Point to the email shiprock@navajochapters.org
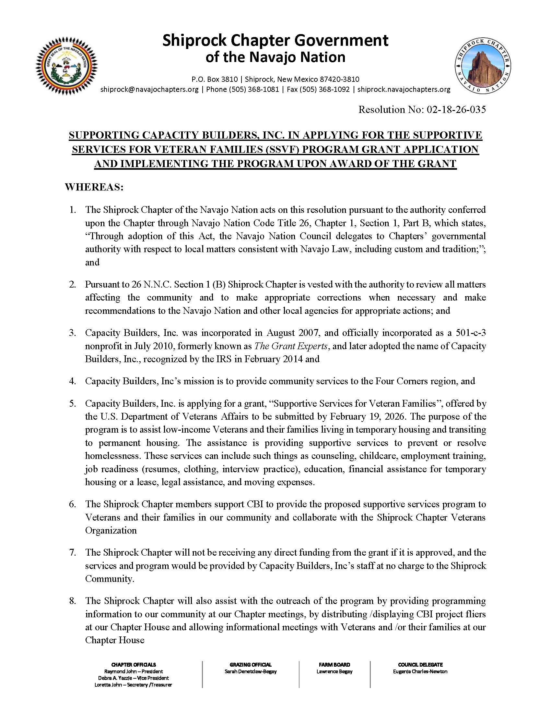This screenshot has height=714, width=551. (x=149, y=89)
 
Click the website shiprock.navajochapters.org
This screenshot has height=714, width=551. (x=404, y=89)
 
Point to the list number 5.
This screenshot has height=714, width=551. (x=73, y=403)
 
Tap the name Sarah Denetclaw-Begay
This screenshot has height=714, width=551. (x=250, y=671)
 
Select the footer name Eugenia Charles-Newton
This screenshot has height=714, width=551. (x=420, y=671)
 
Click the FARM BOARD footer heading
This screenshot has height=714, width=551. (x=334, y=665)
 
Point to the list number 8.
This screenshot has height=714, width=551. (x=73, y=600)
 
